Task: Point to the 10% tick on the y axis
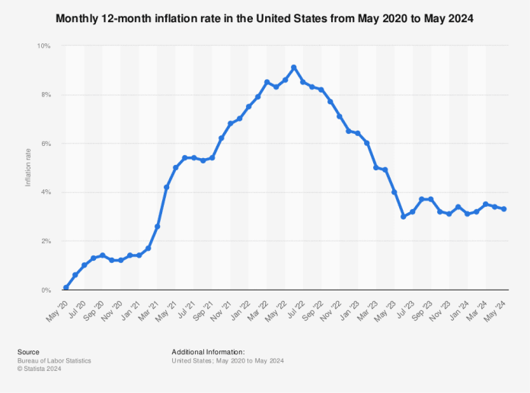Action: point(44,46)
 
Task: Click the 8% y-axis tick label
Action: point(46,95)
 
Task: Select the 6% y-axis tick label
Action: point(46,144)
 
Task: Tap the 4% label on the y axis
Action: point(46,192)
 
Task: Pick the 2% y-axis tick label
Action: point(46,241)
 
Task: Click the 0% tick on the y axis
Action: point(46,290)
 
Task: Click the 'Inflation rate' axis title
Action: point(28,168)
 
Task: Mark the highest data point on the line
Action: point(294,68)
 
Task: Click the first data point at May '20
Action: point(65,287)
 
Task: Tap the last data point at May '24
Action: point(504,209)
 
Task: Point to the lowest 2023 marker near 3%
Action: point(404,217)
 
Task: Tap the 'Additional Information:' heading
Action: point(208,352)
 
